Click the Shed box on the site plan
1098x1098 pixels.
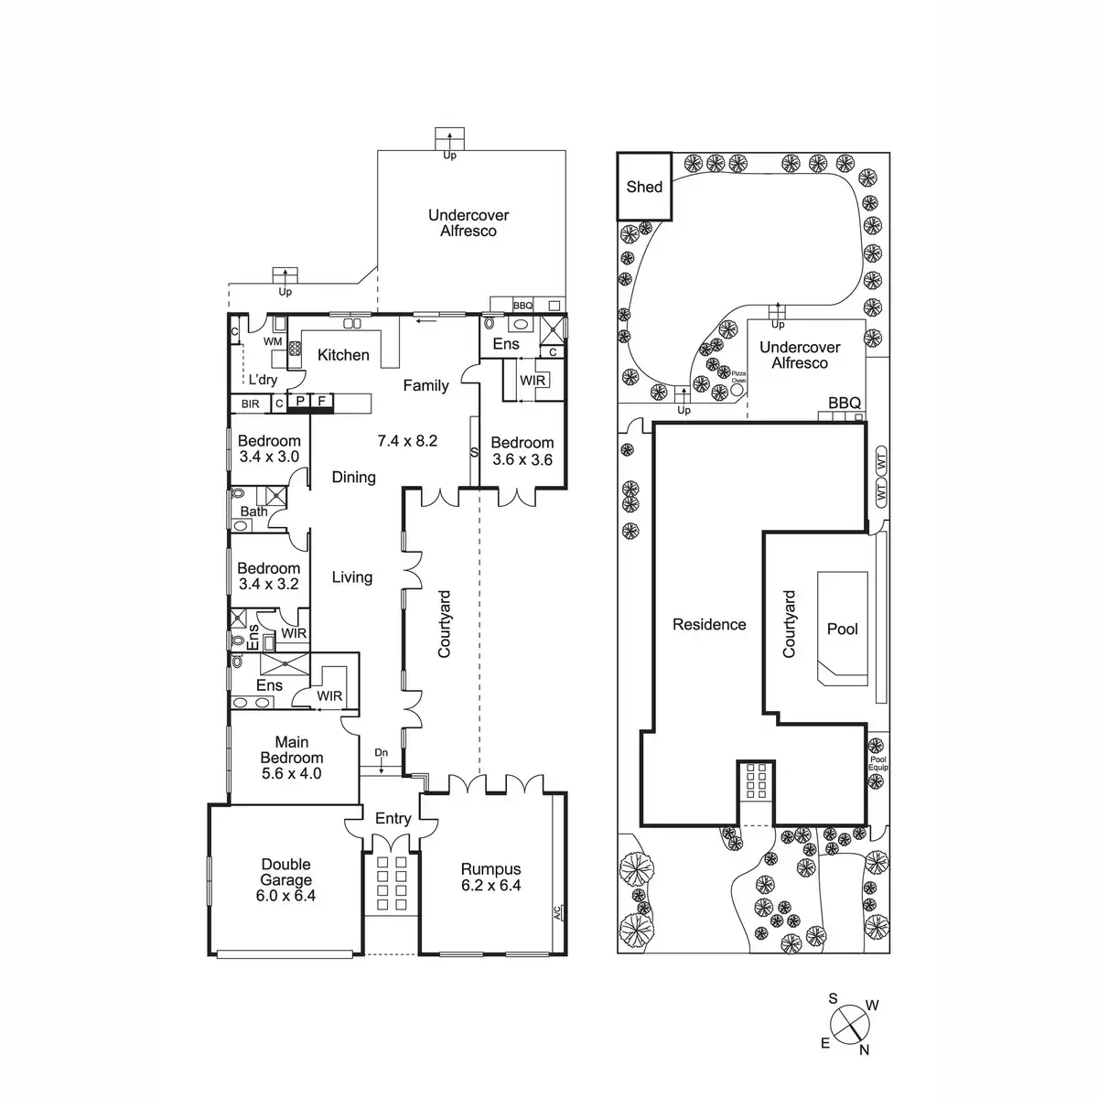click(x=644, y=186)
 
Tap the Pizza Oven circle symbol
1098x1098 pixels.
click(x=737, y=388)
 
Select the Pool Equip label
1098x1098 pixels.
click(x=877, y=763)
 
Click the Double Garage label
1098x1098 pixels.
click(x=285, y=872)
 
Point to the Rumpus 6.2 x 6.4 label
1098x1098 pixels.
click(x=490, y=877)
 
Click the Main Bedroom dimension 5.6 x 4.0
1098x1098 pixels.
click(x=291, y=773)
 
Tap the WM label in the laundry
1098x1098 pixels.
click(x=273, y=341)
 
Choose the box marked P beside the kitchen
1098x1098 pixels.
click(x=299, y=402)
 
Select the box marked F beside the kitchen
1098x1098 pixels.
click(x=321, y=402)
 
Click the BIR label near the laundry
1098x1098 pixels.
click(x=250, y=404)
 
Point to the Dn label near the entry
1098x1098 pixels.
click(x=382, y=753)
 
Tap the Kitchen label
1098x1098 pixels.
click(x=343, y=355)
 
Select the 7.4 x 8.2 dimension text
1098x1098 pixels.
click(x=407, y=441)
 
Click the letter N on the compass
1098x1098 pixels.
click(x=864, y=1050)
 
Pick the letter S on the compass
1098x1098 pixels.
click(x=833, y=998)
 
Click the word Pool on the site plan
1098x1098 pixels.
click(x=843, y=629)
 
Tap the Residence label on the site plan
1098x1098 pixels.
click(x=709, y=625)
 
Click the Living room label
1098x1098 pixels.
click(x=352, y=577)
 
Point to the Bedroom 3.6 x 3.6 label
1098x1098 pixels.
click(x=522, y=451)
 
